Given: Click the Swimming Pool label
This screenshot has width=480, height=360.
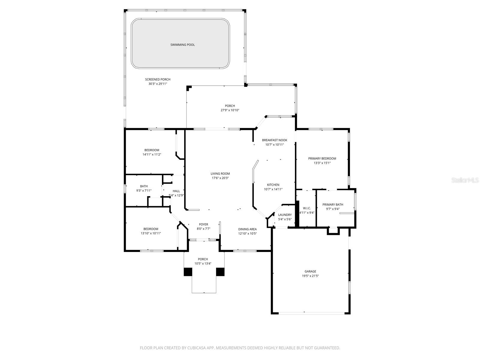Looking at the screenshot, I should [182, 45].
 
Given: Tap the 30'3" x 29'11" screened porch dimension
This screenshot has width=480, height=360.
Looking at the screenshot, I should [157, 84].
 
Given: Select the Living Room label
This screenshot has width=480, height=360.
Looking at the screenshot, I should [220, 173].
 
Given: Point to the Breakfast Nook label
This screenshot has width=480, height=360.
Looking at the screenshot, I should [274, 140].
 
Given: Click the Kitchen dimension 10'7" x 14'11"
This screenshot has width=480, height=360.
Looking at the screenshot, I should [273, 189].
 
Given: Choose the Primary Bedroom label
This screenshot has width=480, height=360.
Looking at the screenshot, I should [322, 158].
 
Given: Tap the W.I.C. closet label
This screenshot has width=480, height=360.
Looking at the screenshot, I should [307, 208].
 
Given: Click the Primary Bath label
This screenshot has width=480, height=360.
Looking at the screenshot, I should [333, 205].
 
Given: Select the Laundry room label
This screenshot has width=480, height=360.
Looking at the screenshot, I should [285, 215].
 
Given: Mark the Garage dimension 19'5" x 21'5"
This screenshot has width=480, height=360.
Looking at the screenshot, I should [310, 276].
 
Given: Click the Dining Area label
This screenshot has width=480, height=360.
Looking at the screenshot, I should [247, 229].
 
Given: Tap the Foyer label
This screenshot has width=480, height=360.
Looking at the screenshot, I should [203, 224].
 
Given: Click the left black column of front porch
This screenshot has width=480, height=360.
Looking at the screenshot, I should [188, 272].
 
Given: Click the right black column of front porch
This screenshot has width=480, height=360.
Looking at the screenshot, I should [220, 272].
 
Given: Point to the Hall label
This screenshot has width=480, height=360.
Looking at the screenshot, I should [176, 191].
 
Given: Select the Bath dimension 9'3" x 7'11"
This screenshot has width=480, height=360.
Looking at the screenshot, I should [144, 190].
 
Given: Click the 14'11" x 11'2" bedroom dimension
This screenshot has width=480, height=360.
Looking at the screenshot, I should [152, 154].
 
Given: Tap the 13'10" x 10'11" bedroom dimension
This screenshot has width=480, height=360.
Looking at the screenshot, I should [151, 233].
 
